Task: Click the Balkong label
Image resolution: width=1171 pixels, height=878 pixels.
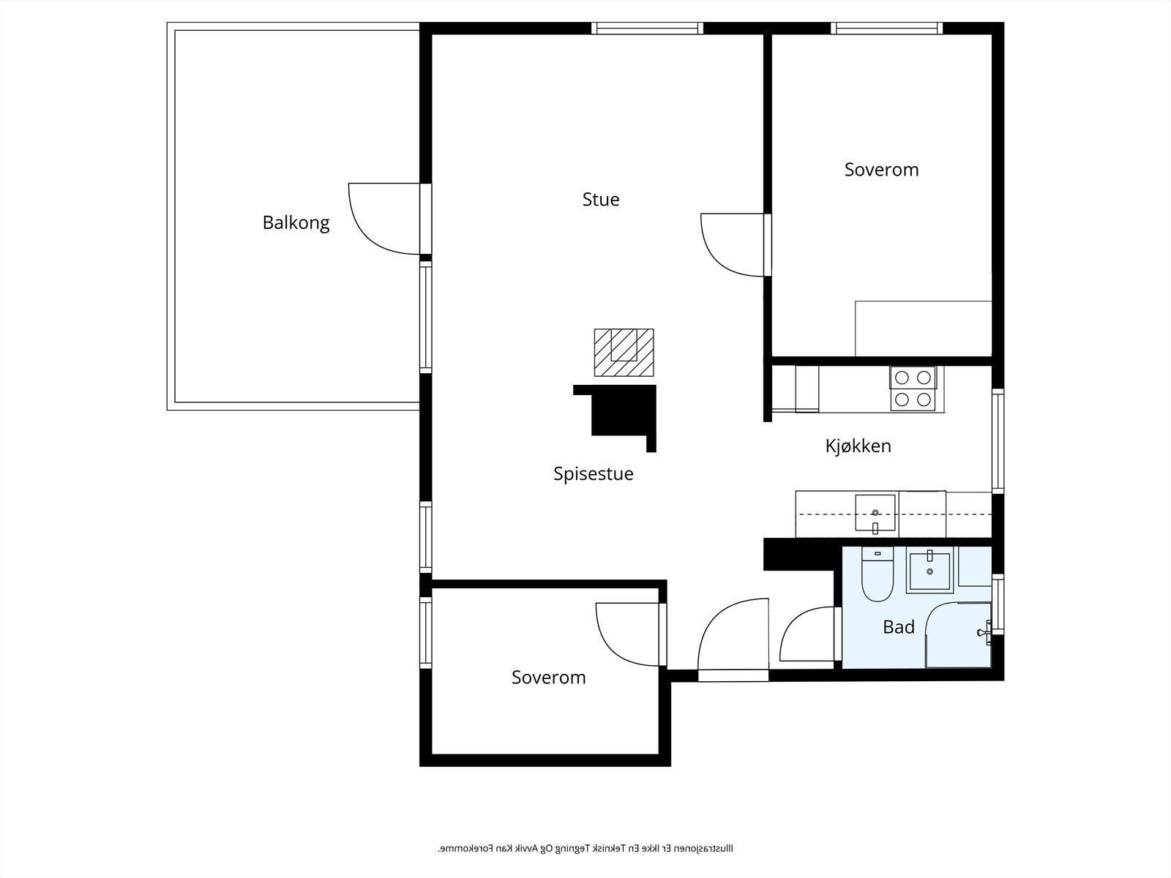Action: (296, 222)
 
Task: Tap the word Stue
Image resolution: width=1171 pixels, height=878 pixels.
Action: (601, 199)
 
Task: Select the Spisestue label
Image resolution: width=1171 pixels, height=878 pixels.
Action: (593, 473)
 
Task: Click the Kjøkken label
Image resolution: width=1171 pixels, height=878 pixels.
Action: (858, 446)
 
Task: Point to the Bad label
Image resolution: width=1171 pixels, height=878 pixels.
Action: (898, 627)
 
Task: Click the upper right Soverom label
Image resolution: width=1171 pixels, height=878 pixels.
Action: (881, 169)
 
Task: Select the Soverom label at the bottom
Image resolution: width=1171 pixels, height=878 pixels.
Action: (548, 677)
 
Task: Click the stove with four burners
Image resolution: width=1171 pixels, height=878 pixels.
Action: (913, 389)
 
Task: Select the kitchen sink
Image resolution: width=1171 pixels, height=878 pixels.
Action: (875, 513)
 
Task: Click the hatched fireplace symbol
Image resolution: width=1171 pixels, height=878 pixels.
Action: (624, 352)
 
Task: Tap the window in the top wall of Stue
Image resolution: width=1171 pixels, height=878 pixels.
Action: (647, 29)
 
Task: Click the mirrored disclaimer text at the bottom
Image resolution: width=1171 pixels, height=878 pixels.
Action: (585, 849)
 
